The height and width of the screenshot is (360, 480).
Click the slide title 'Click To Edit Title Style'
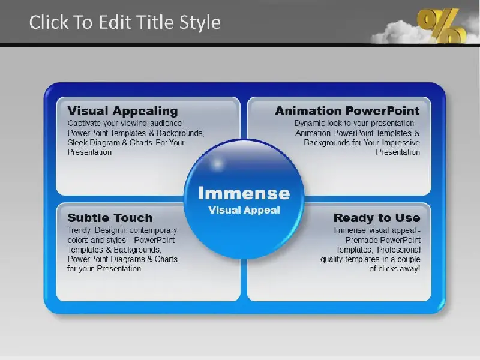pyautogui.click(x=125, y=22)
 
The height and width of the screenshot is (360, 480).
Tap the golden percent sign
pyautogui.click(x=442, y=25)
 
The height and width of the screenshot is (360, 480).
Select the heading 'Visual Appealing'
pyautogui.click(x=122, y=111)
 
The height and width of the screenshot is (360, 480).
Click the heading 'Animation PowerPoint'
pyautogui.click(x=347, y=111)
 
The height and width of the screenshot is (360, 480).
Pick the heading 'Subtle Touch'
pyautogui.click(x=110, y=218)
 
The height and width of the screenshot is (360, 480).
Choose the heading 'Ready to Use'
pyautogui.click(x=377, y=218)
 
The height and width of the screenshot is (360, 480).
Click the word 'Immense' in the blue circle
pyautogui.click(x=244, y=193)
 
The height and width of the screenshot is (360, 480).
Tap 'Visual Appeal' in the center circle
pyautogui.click(x=244, y=211)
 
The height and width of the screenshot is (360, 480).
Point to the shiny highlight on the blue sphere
pyautogui.click(x=217, y=164)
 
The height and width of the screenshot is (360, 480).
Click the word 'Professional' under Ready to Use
pyautogui.click(x=398, y=250)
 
